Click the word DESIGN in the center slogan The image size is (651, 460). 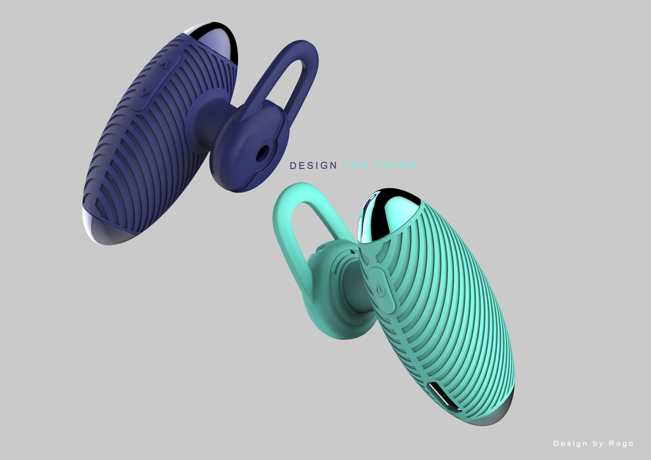tap(313, 166)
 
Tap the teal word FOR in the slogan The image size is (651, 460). tap(356, 165)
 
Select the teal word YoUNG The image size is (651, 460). tap(395, 165)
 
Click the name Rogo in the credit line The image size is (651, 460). tap(621, 444)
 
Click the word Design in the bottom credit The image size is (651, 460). tap(570, 444)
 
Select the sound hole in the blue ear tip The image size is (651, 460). tap(264, 153)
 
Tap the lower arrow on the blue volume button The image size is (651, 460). tap(145, 93)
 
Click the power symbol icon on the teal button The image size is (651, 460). tap(380, 290)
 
